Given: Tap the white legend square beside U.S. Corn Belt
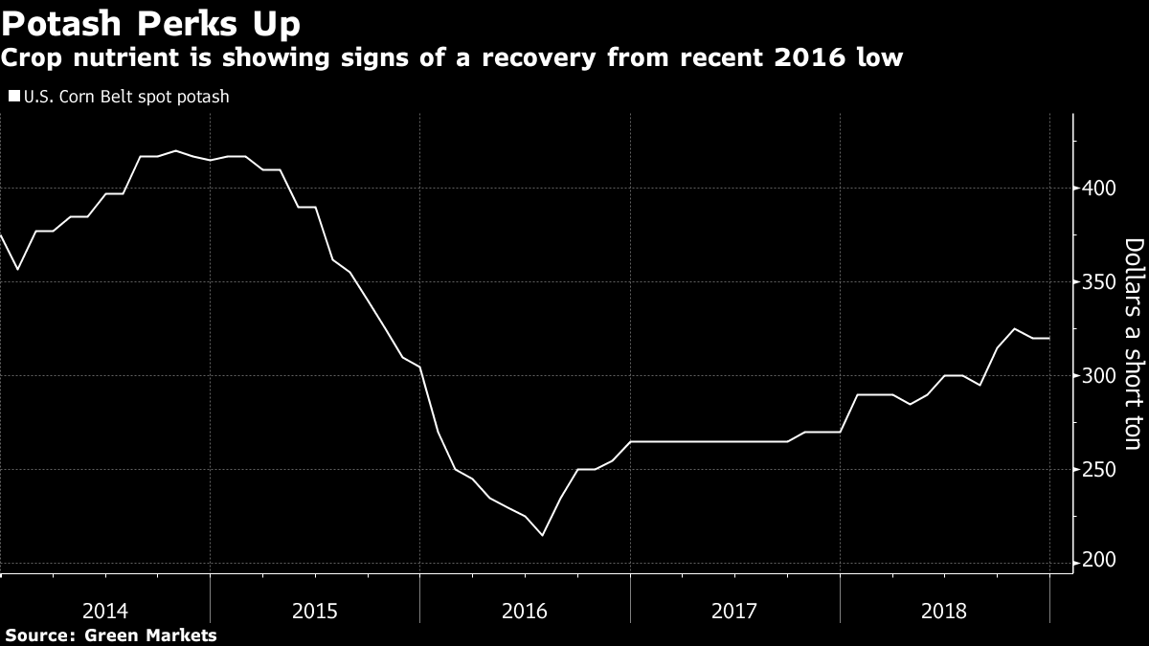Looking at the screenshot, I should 13,97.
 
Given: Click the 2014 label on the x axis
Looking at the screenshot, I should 105,609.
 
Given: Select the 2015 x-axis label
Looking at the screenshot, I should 315,609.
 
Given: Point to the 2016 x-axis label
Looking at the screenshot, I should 525,609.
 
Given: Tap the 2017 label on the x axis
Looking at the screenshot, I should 734,609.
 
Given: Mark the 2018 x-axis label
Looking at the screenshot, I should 944,609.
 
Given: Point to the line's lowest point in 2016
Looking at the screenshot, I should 542,535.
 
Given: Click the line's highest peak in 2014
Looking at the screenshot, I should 175,150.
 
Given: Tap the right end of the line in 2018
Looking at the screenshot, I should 1049,338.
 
